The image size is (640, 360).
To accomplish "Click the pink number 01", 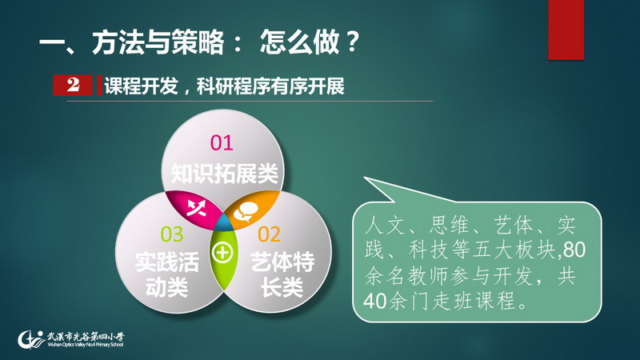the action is (x=222, y=143).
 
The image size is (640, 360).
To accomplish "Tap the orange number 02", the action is (x=270, y=234).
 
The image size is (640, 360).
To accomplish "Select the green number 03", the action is (x=172, y=234).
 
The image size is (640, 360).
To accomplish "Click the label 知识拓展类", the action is (x=224, y=173).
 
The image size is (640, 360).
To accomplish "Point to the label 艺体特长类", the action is (x=282, y=274).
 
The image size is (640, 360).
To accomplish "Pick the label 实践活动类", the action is (x=167, y=274).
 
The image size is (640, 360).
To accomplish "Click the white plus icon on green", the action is (x=222, y=253).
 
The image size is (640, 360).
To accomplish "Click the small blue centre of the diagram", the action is (x=223, y=223).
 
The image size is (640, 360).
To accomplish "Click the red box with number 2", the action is (x=73, y=86).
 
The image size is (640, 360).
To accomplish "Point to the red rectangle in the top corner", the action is (x=566, y=30).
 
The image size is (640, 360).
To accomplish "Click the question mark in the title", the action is (x=351, y=42).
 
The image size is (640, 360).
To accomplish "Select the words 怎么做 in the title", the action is (x=299, y=42).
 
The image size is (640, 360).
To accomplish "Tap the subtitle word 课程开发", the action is (x=142, y=86).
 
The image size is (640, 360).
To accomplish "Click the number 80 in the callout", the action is (x=574, y=250).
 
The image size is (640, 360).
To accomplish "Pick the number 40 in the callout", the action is (x=375, y=302).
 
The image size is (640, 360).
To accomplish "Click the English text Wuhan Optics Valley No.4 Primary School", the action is (x=86, y=345).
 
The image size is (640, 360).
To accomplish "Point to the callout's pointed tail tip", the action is (x=364, y=177).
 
